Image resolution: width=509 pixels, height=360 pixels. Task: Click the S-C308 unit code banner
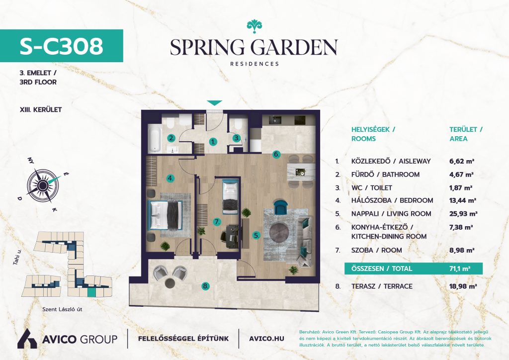pos(61,46)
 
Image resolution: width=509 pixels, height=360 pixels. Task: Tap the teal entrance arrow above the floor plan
pos(215,103)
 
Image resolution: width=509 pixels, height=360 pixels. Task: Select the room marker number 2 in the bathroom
pos(171,138)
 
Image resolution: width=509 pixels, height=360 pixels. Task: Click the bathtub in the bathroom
pos(155,140)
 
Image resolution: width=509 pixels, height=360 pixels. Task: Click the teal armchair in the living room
pos(281,207)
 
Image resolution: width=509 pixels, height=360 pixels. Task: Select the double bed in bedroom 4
pos(165,215)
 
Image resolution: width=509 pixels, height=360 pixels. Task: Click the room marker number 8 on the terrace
pos(205,286)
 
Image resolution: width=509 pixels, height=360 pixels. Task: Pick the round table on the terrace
pos(170,283)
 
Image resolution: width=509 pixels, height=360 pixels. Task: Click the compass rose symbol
pos(43,185)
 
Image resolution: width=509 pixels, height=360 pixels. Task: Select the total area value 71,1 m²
pos(460,269)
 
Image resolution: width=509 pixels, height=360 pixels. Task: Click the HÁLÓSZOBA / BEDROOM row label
pos(392,200)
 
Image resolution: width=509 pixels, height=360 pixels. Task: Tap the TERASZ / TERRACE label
pos(382,286)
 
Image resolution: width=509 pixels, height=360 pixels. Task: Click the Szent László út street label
pos(62,309)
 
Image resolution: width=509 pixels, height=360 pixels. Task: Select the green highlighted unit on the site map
pos(92,293)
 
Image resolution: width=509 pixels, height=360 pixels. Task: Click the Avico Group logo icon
pos(27,339)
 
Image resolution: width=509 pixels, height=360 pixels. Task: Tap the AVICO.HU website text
pos(266,339)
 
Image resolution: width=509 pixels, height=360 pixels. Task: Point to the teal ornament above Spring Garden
pos(254,26)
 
